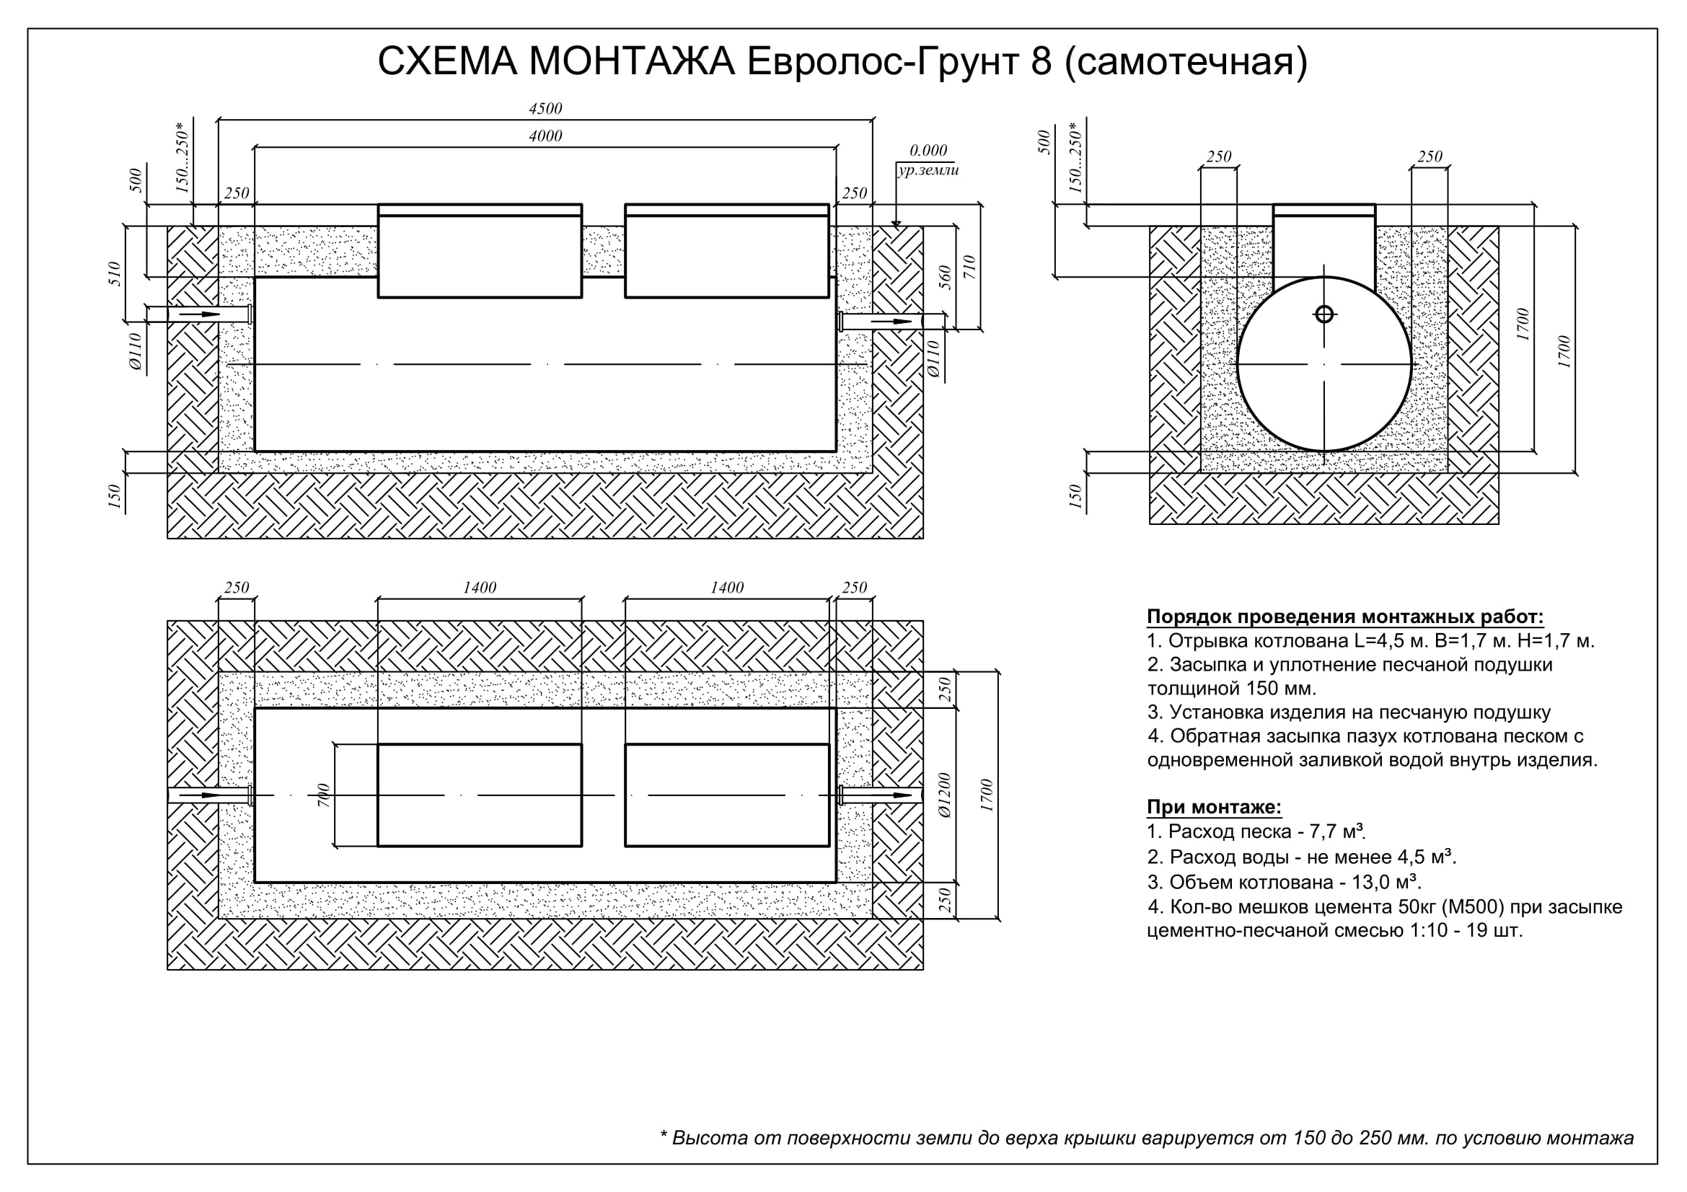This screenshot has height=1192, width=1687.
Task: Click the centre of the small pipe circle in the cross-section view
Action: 1324,314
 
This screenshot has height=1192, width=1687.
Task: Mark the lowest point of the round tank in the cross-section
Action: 1324,451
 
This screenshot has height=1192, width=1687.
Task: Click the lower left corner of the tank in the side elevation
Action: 255,450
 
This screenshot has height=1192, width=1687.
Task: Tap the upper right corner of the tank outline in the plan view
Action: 836,709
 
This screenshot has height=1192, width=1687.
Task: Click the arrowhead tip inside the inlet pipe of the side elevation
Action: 221,314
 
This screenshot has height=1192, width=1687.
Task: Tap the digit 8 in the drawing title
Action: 1041,62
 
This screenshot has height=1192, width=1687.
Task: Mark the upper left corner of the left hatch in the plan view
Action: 379,745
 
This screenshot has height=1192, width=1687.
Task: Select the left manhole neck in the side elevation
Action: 480,251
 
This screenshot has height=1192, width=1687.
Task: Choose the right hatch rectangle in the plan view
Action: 728,795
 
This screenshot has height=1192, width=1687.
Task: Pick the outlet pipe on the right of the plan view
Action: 881,795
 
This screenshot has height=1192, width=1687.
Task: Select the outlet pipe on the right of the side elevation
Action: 892,322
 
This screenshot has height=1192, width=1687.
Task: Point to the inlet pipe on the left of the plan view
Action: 211,795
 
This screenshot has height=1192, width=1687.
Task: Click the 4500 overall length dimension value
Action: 545,109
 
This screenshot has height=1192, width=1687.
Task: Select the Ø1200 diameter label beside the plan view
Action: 945,795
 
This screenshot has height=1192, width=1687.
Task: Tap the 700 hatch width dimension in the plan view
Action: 324,795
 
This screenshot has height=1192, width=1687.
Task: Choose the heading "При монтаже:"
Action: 1215,807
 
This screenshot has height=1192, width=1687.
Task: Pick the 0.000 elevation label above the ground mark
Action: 928,151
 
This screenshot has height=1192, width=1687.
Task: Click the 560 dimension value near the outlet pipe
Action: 946,278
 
